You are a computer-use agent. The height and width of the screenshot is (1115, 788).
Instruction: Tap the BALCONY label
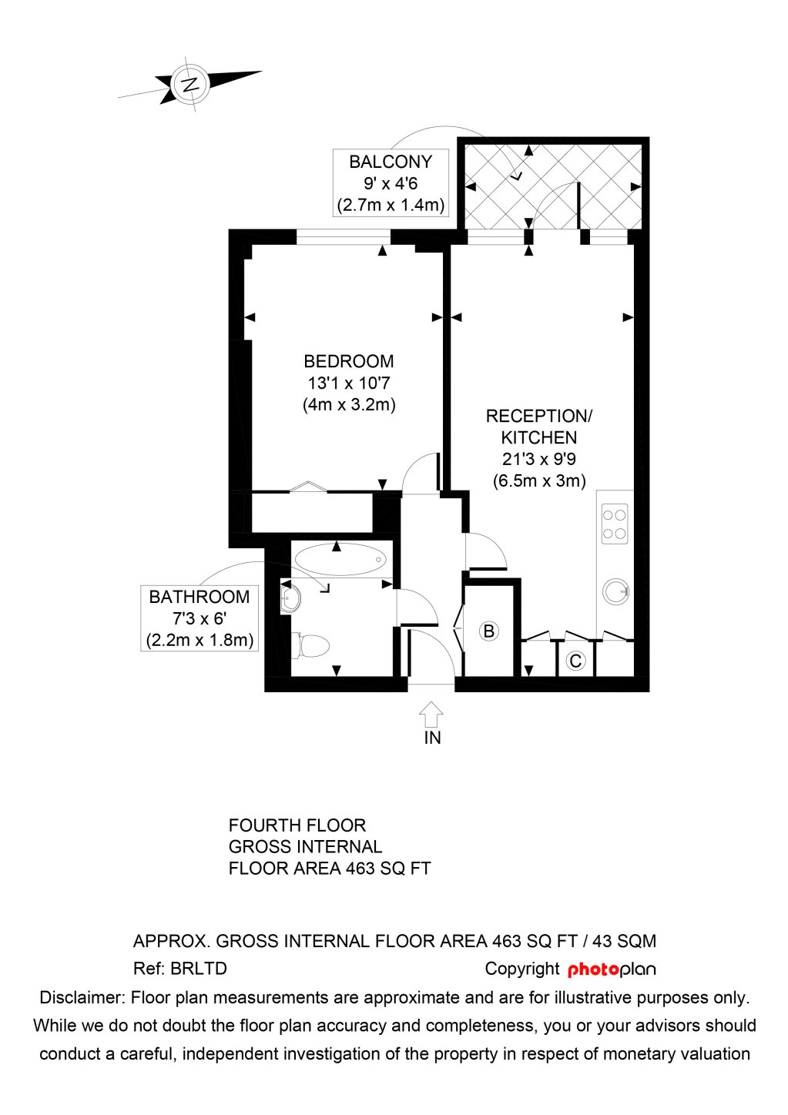(x=391, y=162)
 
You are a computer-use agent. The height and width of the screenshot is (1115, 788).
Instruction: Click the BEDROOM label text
(x=348, y=361)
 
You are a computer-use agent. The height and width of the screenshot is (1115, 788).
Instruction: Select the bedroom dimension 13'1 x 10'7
(x=348, y=383)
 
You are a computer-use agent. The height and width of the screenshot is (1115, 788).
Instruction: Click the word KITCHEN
(x=538, y=437)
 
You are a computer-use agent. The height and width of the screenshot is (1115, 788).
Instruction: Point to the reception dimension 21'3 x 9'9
(x=538, y=459)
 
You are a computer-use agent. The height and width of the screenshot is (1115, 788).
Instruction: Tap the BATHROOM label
(x=199, y=597)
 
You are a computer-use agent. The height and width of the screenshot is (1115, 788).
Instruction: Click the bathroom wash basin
(x=290, y=599)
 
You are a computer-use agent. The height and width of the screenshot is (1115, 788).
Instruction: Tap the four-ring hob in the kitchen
(x=614, y=524)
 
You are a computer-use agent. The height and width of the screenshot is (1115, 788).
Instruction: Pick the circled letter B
(x=488, y=631)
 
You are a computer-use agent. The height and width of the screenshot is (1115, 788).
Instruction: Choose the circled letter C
(x=575, y=661)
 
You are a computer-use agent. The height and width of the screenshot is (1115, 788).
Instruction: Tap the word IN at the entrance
(x=432, y=738)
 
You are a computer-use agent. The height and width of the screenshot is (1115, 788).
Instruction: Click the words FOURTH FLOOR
(x=297, y=825)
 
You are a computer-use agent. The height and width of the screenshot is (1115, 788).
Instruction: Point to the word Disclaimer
(x=82, y=998)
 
